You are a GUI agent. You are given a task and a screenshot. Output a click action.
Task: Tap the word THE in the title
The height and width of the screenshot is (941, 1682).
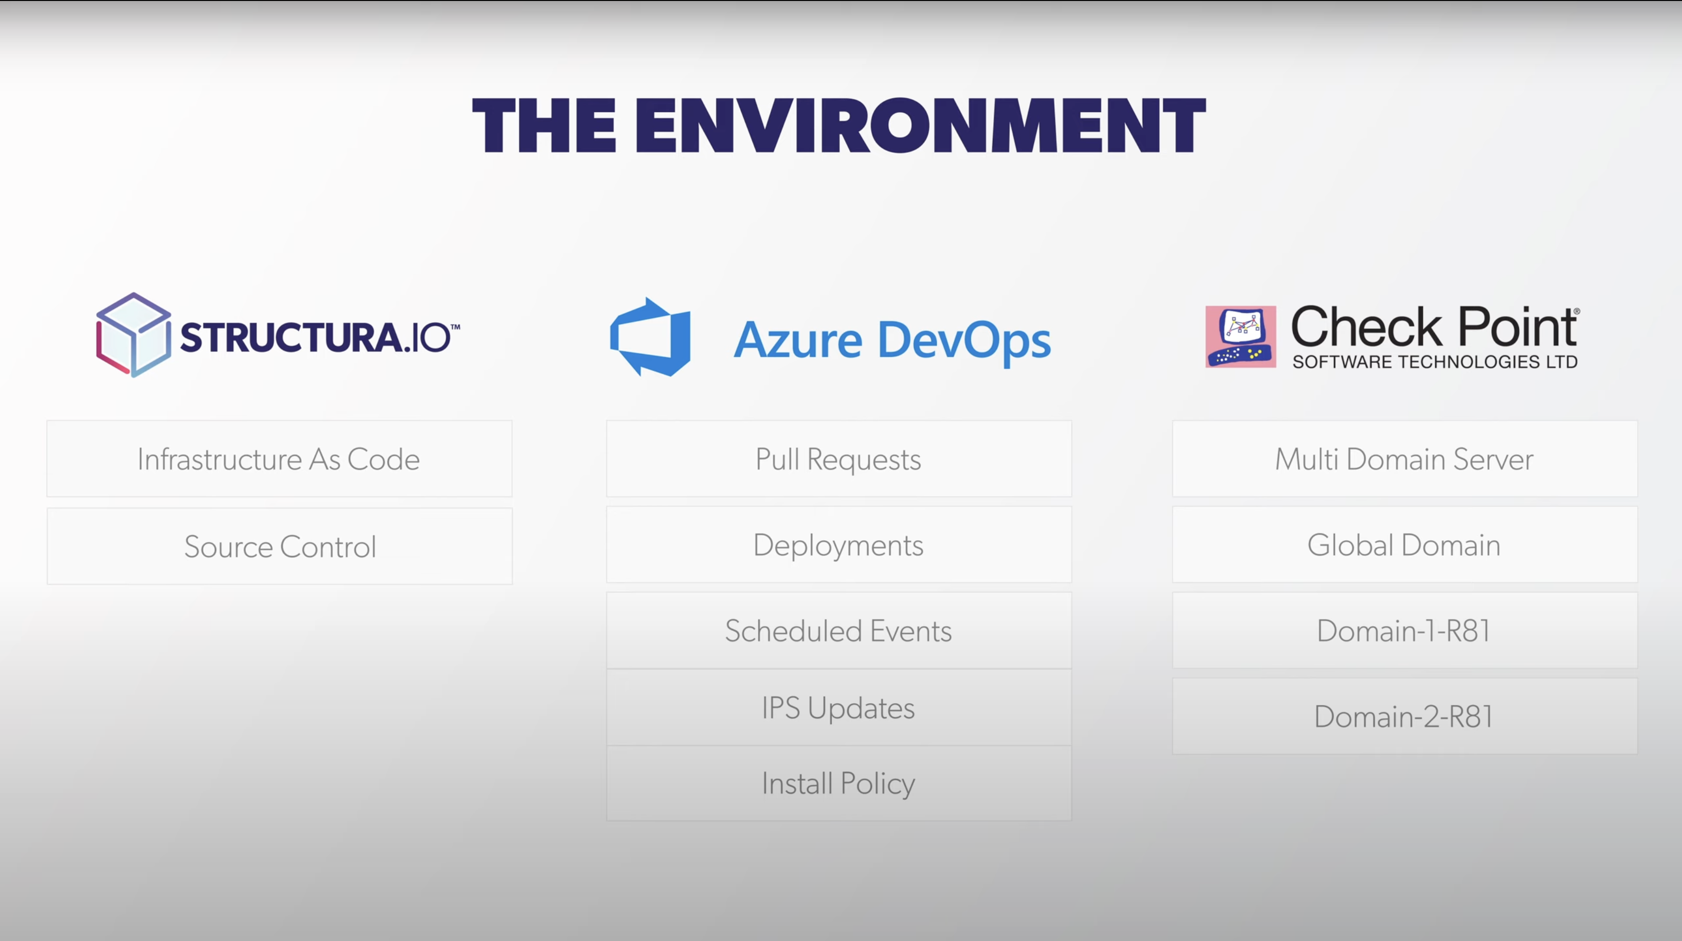pyautogui.click(x=544, y=126)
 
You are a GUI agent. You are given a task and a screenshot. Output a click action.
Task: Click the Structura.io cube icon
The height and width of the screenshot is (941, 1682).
pyautogui.click(x=134, y=335)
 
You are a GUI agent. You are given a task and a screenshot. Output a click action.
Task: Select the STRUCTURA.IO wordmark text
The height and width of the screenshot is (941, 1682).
pyautogui.click(x=319, y=337)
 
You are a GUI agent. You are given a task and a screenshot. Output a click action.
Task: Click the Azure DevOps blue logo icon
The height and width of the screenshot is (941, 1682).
pyautogui.click(x=650, y=337)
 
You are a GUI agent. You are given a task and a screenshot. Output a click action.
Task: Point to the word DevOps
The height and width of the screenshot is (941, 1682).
pyautogui.click(x=964, y=341)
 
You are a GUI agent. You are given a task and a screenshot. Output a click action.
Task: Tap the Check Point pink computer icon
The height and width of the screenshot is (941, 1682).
pyautogui.click(x=1240, y=337)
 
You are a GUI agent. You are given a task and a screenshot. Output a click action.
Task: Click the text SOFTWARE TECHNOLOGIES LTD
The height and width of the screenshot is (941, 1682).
pyautogui.click(x=1435, y=362)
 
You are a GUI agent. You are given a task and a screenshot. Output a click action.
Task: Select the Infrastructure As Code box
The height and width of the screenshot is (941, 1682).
pyautogui.click(x=279, y=459)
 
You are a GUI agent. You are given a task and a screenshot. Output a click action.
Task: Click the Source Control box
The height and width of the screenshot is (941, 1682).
pyautogui.click(x=279, y=546)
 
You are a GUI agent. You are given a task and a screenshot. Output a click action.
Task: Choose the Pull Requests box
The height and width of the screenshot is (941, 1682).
pyautogui.click(x=839, y=459)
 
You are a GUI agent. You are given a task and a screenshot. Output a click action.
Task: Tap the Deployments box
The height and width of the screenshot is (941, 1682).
pyautogui.click(x=839, y=545)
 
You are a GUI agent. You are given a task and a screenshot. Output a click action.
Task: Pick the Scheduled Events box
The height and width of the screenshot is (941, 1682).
pyautogui.click(x=839, y=631)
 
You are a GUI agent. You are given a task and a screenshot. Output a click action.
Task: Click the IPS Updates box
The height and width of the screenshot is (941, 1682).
pyautogui.click(x=839, y=707)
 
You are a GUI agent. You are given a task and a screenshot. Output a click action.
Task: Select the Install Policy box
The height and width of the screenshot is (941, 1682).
pyautogui.click(x=839, y=783)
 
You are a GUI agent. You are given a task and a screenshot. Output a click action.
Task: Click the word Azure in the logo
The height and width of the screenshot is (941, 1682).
pyautogui.click(x=798, y=341)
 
